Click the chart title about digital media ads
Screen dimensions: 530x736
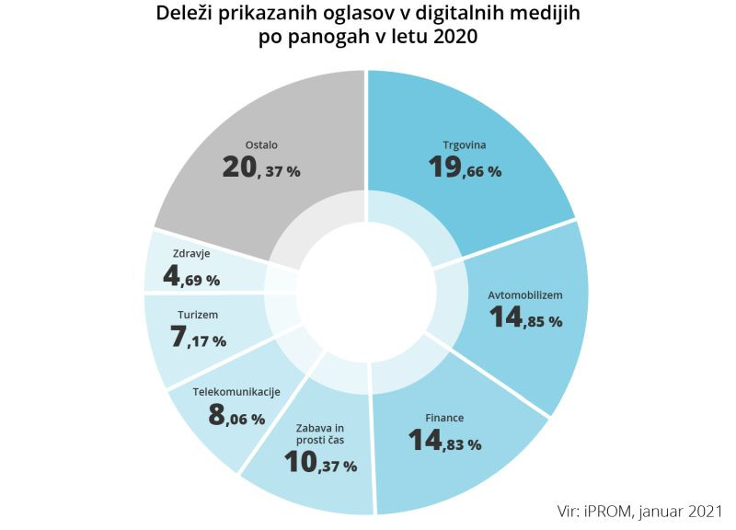(x=368, y=27)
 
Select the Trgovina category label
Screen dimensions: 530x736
(x=464, y=145)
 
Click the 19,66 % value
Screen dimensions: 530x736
(x=465, y=168)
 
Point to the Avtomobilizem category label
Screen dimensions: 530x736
(x=524, y=295)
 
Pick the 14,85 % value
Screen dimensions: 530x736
(x=525, y=319)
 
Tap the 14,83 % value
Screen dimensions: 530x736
(x=445, y=443)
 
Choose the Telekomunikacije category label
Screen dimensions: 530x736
(x=236, y=392)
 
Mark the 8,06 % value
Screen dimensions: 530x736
(x=236, y=417)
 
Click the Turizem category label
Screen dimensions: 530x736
(x=198, y=315)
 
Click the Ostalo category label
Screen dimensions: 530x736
(x=261, y=145)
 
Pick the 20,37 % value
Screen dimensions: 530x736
(x=261, y=169)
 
